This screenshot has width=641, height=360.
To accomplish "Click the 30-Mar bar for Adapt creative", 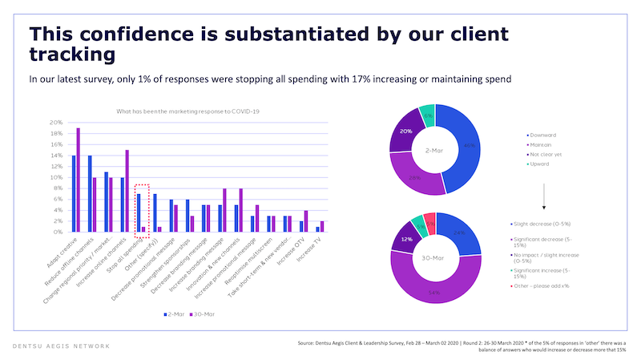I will point(78,180).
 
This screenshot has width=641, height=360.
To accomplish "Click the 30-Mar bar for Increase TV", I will point(323,227).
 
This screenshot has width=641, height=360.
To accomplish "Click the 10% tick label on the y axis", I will point(56,177).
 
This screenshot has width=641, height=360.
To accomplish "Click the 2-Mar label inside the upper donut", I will point(433,150).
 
